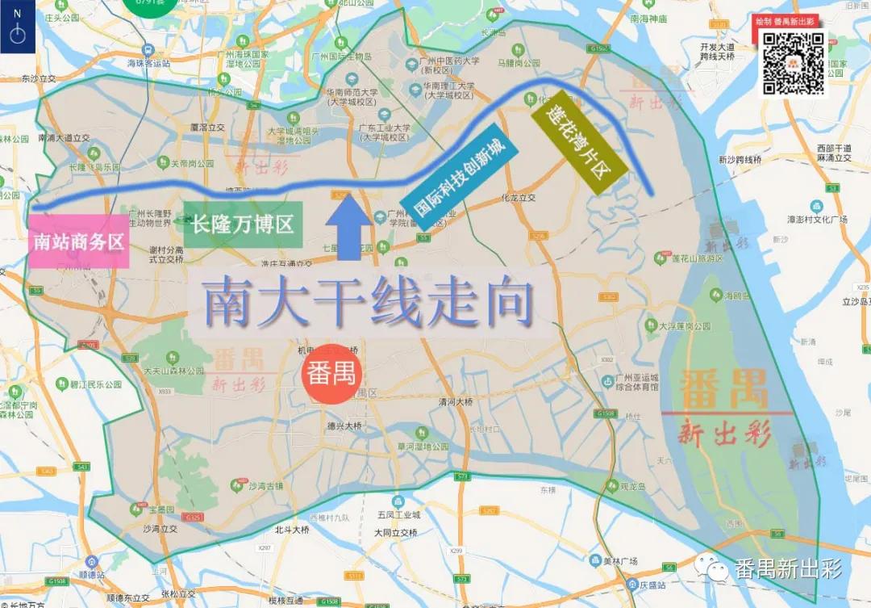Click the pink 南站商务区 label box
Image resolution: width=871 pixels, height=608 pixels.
click(x=79, y=241)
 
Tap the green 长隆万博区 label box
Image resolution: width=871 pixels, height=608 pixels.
click(x=242, y=224)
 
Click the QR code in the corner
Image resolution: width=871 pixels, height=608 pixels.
click(x=794, y=64)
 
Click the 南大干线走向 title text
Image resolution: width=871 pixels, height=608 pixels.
click(x=369, y=303)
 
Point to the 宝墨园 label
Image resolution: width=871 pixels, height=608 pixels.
click(x=161, y=509)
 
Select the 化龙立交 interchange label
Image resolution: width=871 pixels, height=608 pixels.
click(x=519, y=196)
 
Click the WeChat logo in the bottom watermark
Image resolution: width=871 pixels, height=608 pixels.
click(x=713, y=568)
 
